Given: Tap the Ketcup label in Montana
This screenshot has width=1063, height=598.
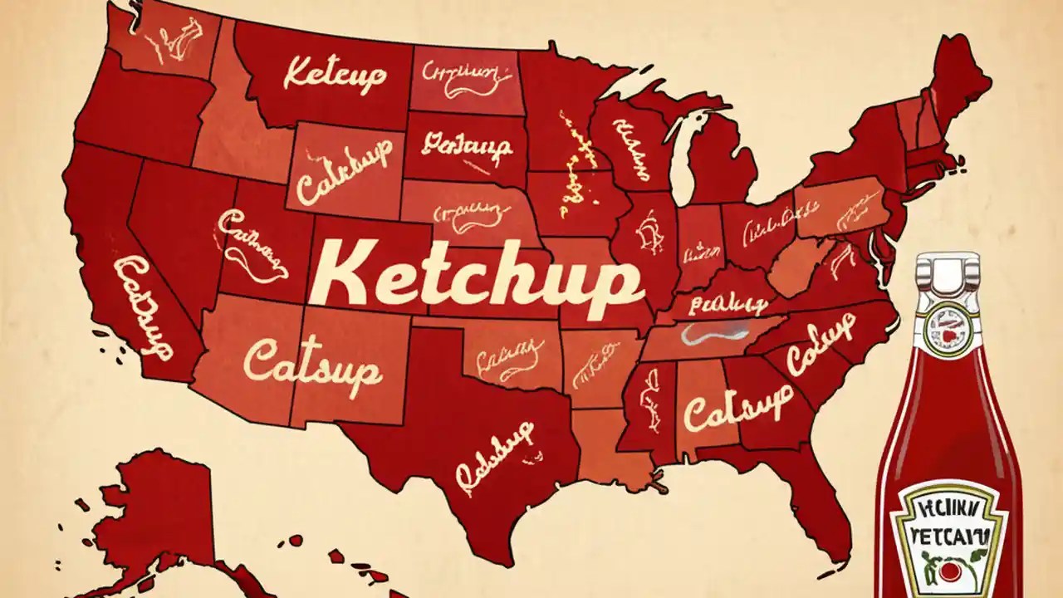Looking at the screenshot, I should (x=335, y=74).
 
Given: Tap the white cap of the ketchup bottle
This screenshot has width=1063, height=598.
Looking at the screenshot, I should (x=946, y=273).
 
